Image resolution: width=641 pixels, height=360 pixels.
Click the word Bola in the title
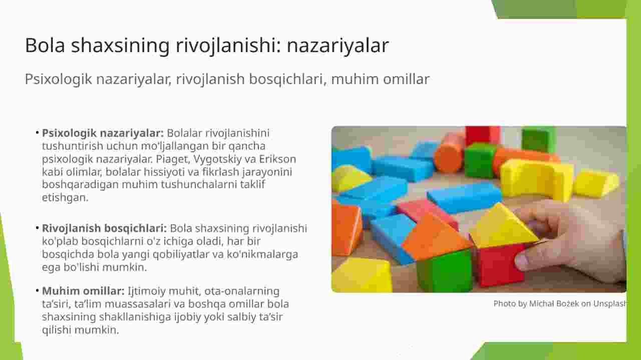click(x=45, y=45)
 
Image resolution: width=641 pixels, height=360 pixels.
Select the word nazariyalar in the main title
click(x=338, y=46)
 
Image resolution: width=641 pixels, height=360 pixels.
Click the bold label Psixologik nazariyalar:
click(x=103, y=133)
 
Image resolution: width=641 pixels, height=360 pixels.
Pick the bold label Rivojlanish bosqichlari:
click(x=104, y=229)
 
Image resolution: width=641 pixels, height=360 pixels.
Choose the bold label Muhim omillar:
click(x=83, y=291)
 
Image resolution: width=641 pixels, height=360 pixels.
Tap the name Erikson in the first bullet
click(x=277, y=159)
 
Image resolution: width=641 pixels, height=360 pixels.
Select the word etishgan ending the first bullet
click(x=65, y=198)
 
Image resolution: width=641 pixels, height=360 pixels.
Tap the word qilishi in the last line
click(x=57, y=330)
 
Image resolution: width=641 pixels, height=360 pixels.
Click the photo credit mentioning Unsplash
click(x=560, y=303)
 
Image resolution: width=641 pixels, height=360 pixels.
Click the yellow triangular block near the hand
click(x=504, y=226)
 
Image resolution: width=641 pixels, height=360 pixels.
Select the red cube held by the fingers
click(x=499, y=265)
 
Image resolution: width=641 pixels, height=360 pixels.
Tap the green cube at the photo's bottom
click(x=444, y=270)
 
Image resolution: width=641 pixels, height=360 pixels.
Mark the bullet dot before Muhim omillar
click(x=37, y=291)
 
